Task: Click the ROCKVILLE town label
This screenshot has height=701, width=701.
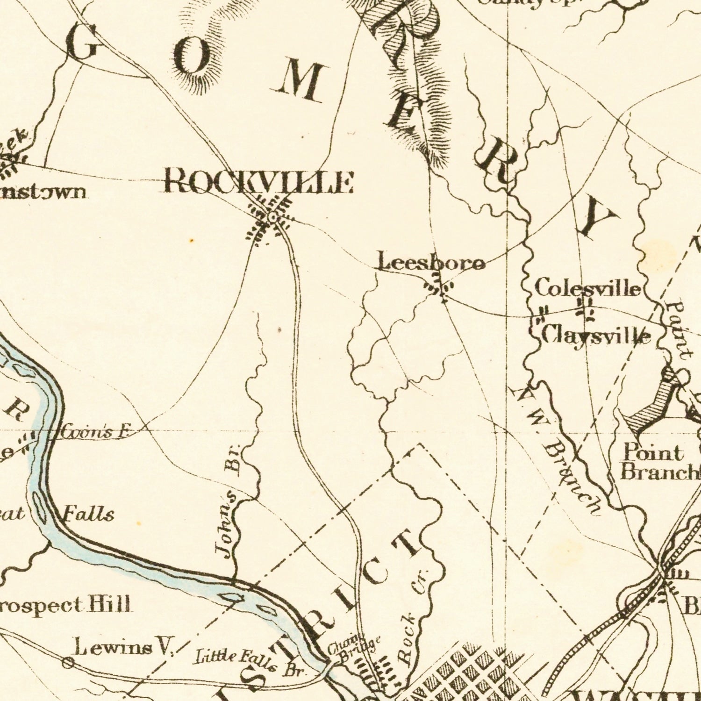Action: tap(259, 182)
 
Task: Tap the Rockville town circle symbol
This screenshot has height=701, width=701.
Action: tap(273, 217)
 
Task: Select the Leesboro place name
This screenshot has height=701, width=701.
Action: tap(431, 263)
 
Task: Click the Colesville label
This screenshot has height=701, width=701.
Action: tap(587, 287)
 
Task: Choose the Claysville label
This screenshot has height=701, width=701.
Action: tap(596, 335)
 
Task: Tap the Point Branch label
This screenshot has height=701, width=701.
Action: tap(659, 463)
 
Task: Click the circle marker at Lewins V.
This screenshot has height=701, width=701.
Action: tap(68, 662)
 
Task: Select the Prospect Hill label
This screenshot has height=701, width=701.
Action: tap(65, 605)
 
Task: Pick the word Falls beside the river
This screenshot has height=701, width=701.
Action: tap(89, 515)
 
